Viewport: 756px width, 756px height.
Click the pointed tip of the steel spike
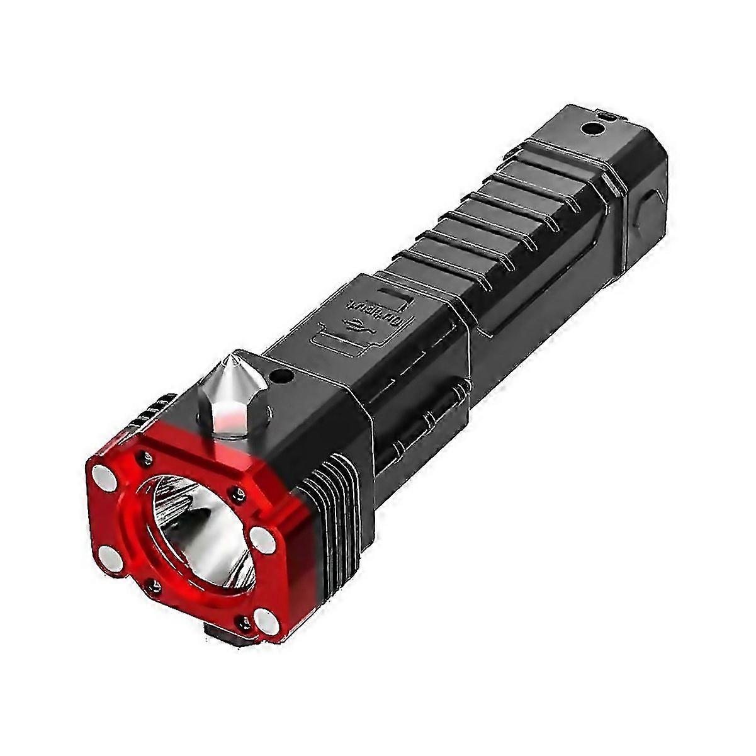pos(234,357)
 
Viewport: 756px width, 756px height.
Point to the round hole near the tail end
pos(590,128)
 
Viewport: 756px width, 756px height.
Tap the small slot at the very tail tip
pos(607,114)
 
